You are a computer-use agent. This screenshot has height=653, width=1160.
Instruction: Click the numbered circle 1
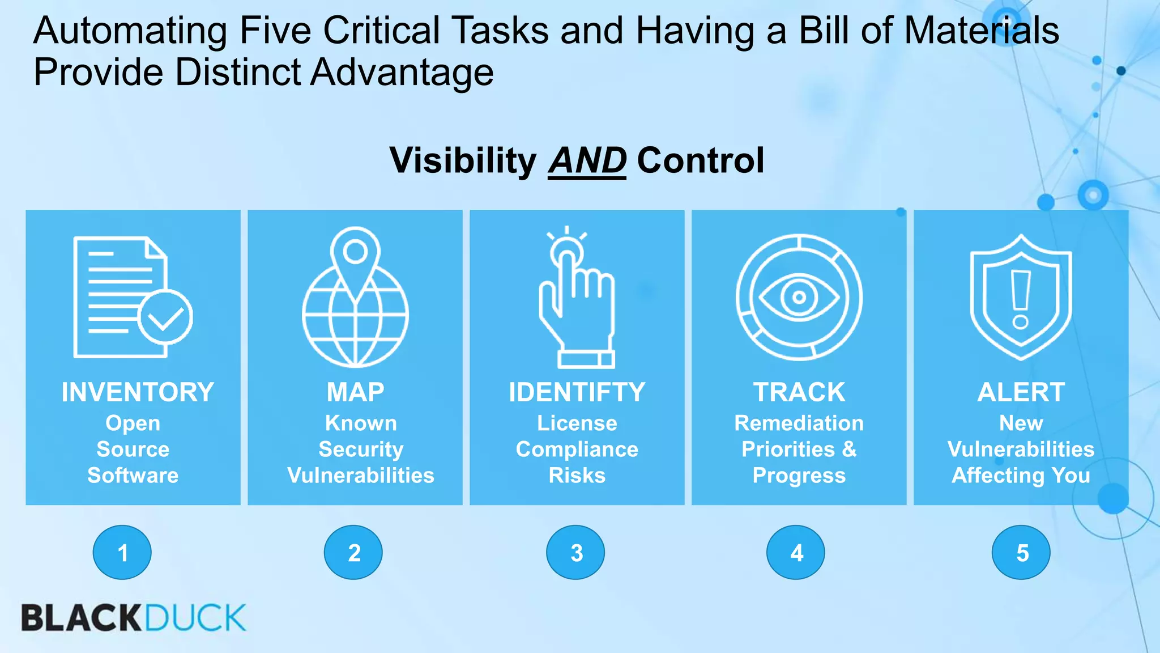click(122, 552)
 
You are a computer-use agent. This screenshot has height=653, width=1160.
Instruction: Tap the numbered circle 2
click(353, 552)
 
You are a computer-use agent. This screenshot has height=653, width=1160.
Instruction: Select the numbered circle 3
click(575, 552)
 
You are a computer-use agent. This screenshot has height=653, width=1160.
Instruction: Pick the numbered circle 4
click(796, 552)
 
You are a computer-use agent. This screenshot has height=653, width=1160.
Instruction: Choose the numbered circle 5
click(1021, 552)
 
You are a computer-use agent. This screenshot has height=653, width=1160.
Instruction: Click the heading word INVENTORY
click(138, 392)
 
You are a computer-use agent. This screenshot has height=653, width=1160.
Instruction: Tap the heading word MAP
click(355, 392)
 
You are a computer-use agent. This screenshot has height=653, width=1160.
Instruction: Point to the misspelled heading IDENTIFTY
click(577, 392)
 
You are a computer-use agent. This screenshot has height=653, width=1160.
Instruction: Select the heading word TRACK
click(799, 392)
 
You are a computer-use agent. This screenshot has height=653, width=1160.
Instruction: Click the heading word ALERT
click(1021, 392)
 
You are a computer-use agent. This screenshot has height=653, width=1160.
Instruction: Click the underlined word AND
click(587, 161)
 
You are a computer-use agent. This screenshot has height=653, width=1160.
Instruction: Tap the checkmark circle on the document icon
click(164, 317)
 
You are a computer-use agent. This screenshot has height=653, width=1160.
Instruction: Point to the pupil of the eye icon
click(799, 297)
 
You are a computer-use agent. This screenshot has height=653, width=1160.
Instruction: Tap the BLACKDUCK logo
click(134, 618)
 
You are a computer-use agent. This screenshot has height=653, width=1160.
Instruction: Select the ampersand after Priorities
click(848, 449)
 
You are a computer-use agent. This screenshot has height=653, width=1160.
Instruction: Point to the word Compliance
click(577, 449)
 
